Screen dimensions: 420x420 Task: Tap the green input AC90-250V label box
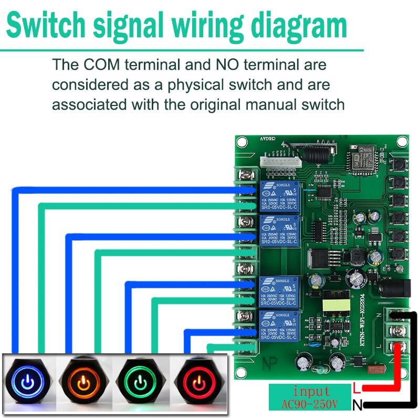[309, 397]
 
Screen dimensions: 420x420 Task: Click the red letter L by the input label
[357, 389]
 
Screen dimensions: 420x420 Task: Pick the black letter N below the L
[358, 405]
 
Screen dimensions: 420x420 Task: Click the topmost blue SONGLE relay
[278, 196]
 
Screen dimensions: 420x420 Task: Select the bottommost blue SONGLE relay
[278, 327]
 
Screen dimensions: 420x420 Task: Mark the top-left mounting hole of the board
[241, 142]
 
